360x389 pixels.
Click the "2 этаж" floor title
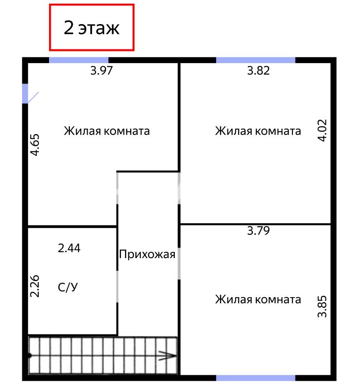pos(92,28)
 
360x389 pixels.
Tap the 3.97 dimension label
pos(102,70)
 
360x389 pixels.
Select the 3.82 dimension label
pos(258,70)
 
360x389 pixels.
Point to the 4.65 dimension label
pos(35,145)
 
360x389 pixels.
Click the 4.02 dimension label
pos(322,130)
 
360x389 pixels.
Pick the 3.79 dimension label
pos(258,230)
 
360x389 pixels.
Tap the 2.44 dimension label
pos(69,248)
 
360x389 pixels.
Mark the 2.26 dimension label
pos(35,286)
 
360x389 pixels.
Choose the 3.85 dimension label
pos(322,306)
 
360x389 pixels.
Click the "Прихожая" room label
pos(147,254)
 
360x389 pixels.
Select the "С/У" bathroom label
pos(68,287)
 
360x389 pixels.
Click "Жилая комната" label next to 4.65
pos(107,131)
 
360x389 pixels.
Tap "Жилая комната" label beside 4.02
pos(258,131)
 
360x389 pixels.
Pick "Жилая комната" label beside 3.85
pos(258,299)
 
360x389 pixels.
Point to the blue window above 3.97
pos(79,60)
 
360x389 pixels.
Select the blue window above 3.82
pos(256,60)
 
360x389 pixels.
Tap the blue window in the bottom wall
pos(256,378)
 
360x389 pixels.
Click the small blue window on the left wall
pos(25,94)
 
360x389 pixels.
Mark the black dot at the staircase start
pos(30,355)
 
